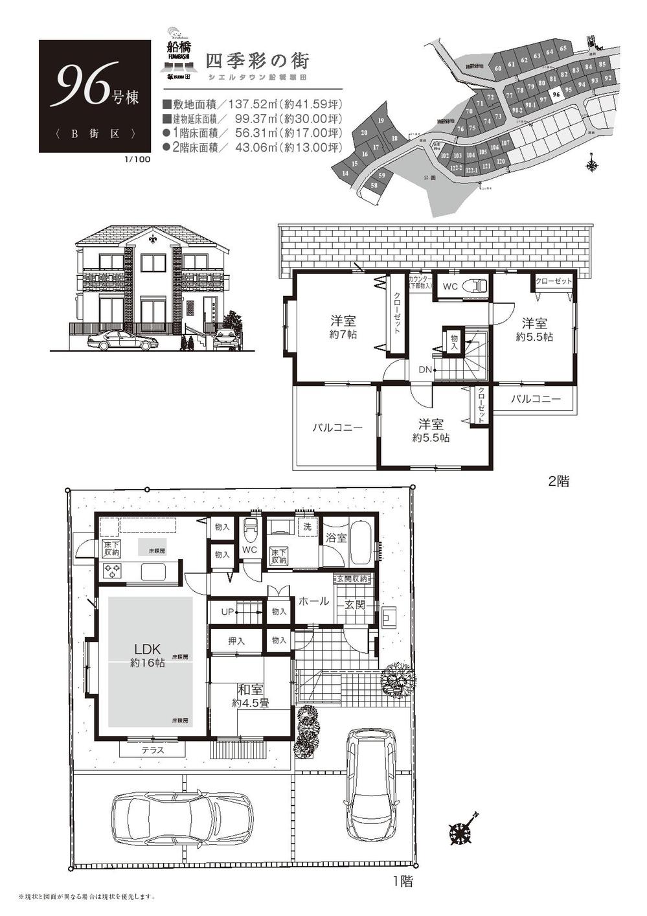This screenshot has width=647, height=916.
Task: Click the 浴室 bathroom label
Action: click(x=336, y=538)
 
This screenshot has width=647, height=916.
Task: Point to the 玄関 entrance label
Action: click(x=354, y=605)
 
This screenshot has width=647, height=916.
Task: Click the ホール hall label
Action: click(x=313, y=602)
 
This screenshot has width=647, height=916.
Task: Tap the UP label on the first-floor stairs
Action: click(x=227, y=612)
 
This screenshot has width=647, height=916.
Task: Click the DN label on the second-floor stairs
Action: click(x=425, y=370)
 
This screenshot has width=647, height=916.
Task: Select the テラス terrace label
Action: click(x=153, y=750)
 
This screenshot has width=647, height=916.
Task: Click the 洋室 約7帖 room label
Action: click(x=343, y=327)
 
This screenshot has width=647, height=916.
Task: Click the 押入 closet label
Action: click(x=236, y=641)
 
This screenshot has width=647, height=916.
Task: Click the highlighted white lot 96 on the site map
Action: click(x=555, y=93)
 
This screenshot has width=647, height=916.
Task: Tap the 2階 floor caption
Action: click(x=558, y=481)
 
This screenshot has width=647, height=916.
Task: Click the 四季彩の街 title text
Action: click(x=257, y=61)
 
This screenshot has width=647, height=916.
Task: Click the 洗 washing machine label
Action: click(x=307, y=527)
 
